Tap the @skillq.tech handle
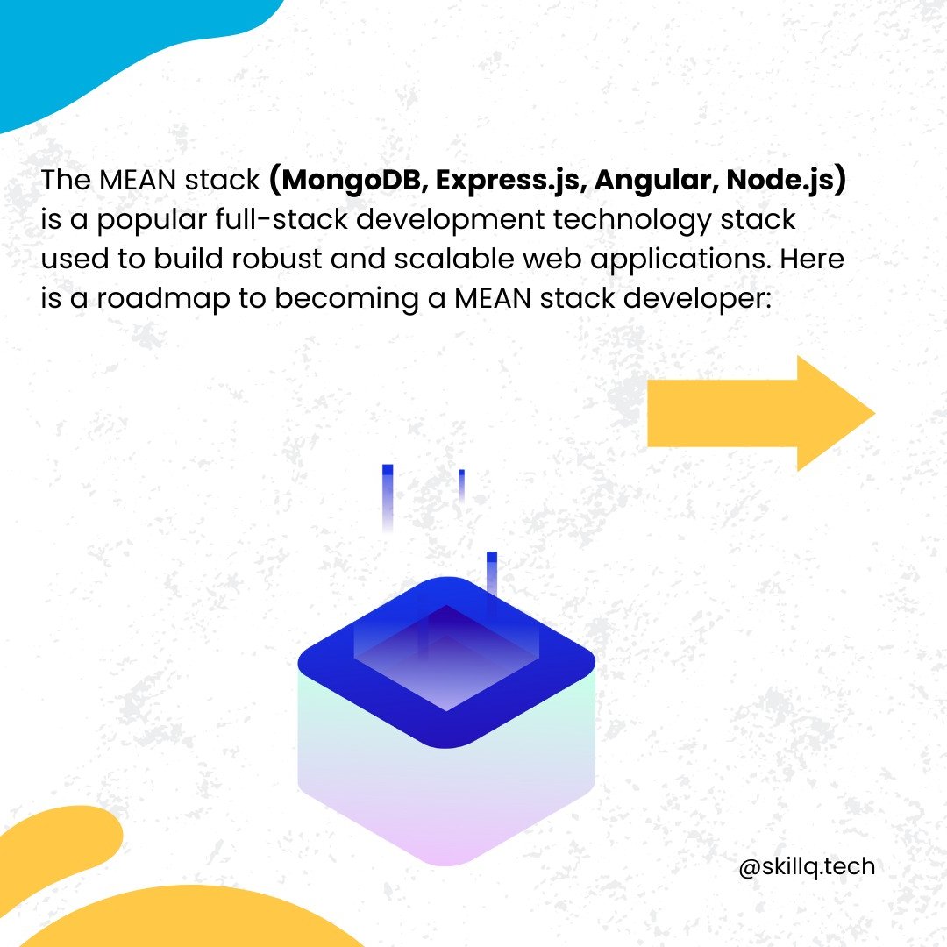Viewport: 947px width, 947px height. (x=807, y=867)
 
